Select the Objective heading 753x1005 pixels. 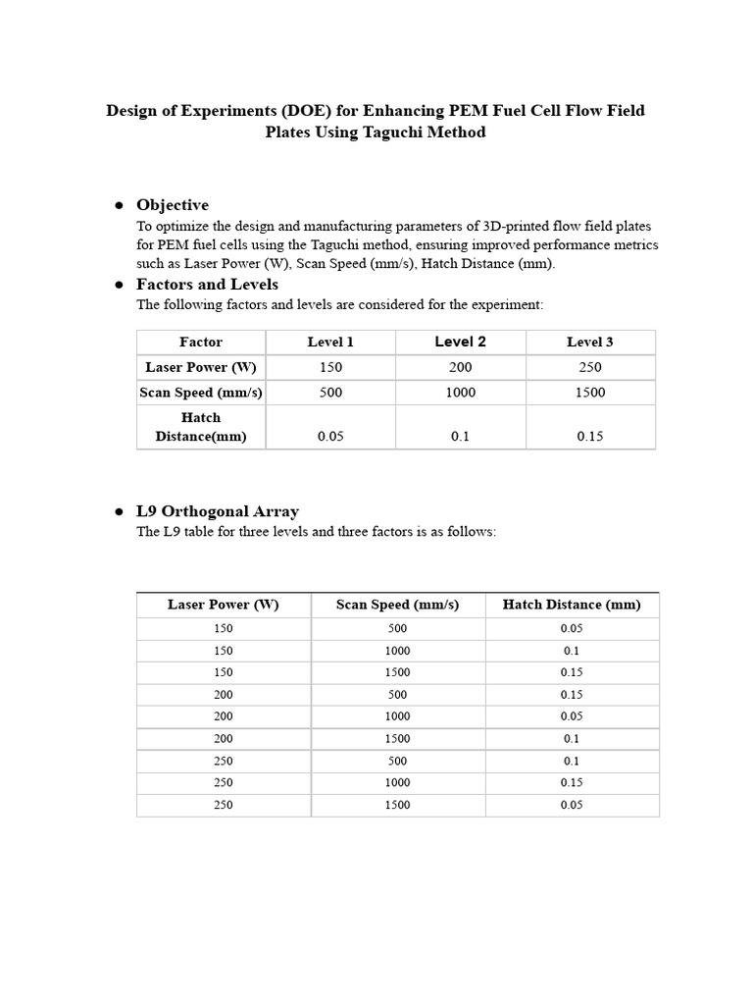point(173,205)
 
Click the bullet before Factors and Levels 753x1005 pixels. point(118,286)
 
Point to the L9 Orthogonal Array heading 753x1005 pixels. point(218,511)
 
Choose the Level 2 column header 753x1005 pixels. point(460,342)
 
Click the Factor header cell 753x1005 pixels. point(201,343)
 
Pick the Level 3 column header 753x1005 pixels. point(590,343)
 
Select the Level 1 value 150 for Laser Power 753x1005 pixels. point(330,367)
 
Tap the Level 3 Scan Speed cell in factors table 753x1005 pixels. point(590,393)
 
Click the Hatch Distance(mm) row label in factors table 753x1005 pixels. point(201,427)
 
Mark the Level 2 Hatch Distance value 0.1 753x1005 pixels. point(460,437)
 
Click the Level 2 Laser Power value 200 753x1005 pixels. point(460,367)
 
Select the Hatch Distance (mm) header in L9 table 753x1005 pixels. point(572,605)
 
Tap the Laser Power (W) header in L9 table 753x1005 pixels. point(224,605)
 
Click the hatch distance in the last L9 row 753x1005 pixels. point(572,805)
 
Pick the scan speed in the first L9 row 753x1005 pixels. point(398,628)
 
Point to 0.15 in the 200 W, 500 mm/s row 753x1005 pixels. point(572,695)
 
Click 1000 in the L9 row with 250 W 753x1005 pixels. point(398,782)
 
